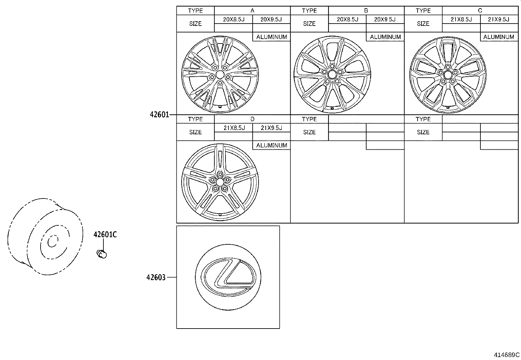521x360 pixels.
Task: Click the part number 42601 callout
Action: (x=159, y=115)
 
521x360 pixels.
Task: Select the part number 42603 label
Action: (x=156, y=277)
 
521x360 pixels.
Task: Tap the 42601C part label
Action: (x=105, y=235)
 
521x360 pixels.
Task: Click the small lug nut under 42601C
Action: (x=102, y=254)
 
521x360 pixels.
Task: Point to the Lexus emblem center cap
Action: (x=228, y=276)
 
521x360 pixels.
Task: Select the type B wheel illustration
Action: (x=332, y=75)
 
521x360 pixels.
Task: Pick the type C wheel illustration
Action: (x=447, y=75)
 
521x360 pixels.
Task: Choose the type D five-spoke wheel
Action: (x=220, y=182)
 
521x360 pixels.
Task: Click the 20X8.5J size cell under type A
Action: (x=234, y=19)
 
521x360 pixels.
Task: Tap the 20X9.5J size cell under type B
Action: (x=385, y=19)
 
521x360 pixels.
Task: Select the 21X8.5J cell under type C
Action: (x=461, y=19)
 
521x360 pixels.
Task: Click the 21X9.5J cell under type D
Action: (x=271, y=128)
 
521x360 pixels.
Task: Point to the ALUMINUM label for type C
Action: (x=499, y=37)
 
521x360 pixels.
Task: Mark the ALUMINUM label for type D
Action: (x=272, y=145)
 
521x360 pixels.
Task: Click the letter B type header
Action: (x=366, y=10)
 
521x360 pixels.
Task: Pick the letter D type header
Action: (x=252, y=119)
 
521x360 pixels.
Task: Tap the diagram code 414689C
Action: (x=507, y=355)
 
